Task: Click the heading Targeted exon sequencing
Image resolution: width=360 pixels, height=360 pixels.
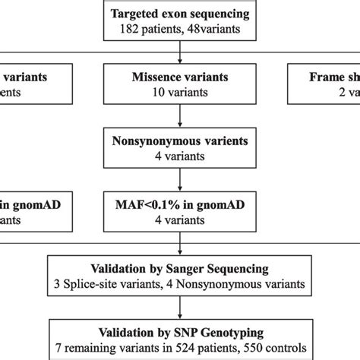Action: point(179,14)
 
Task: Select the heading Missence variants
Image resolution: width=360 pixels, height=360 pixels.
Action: point(179,76)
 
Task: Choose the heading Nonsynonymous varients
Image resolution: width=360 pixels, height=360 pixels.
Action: point(179,141)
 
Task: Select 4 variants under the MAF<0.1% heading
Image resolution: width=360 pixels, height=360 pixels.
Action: point(179,219)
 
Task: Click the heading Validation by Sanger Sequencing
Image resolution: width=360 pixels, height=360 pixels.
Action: point(179,270)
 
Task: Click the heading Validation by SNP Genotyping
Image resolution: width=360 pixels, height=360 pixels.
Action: point(179,333)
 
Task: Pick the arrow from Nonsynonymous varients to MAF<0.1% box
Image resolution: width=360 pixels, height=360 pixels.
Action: point(179,178)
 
